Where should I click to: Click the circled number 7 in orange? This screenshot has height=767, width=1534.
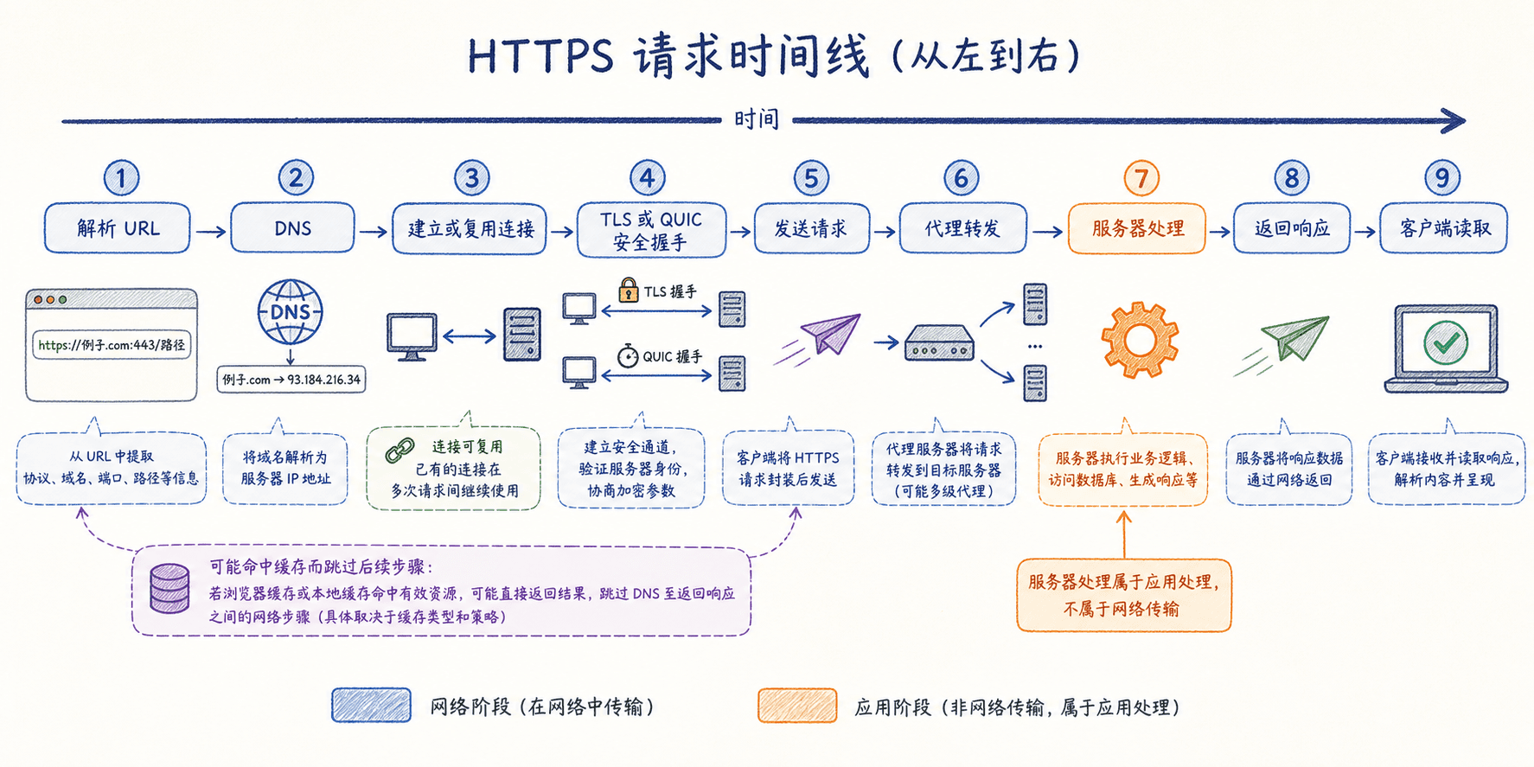point(1141,178)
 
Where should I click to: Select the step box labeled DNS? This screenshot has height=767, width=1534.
point(292,228)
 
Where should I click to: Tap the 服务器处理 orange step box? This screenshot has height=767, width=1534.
point(1137,228)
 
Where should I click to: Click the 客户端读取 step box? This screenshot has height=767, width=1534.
point(1444,228)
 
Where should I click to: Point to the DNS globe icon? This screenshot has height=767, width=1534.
point(291,312)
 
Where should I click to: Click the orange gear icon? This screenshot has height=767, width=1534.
point(1140,340)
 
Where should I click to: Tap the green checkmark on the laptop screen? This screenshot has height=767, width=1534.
point(1446,343)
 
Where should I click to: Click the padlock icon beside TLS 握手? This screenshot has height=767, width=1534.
point(629,290)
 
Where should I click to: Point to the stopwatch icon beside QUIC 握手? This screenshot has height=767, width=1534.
point(628,355)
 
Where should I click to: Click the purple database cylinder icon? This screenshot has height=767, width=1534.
point(169,588)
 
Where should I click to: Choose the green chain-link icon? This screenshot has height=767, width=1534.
point(399,450)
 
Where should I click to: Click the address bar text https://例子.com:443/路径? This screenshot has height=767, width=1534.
point(112,345)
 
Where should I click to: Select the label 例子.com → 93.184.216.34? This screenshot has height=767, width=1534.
point(291,380)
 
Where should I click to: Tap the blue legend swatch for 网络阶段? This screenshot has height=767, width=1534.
point(371,706)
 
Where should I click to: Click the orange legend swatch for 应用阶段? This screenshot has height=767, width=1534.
point(797,706)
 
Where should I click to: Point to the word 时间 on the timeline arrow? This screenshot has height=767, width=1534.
point(757,119)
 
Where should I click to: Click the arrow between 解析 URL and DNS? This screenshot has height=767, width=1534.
point(210,232)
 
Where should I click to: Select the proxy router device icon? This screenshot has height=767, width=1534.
point(939,343)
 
